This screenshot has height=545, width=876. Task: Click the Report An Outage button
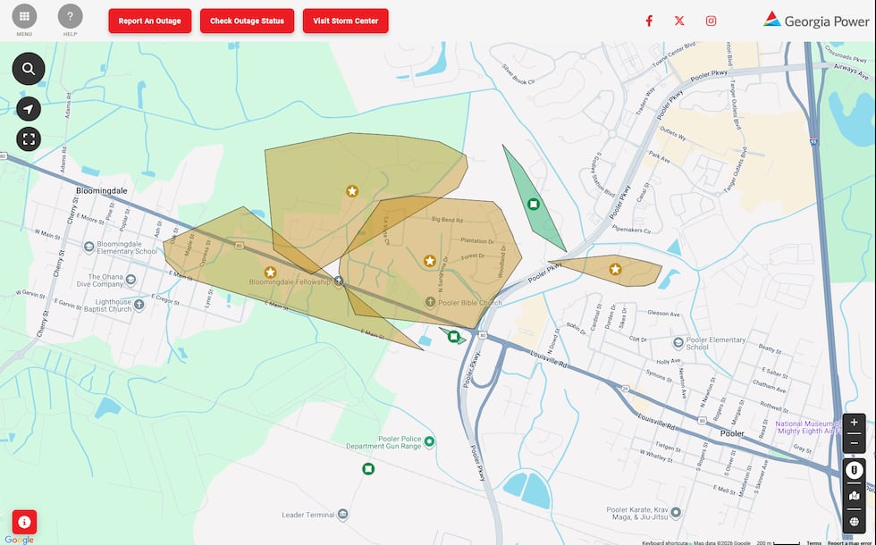point(149,21)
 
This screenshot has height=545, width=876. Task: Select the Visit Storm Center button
point(345,21)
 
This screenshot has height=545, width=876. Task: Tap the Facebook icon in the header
point(649,21)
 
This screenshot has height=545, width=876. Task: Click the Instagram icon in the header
point(711,21)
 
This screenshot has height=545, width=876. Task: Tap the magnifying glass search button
point(29,69)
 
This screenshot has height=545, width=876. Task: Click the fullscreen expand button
point(29,138)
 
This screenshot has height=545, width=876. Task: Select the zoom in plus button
point(854,423)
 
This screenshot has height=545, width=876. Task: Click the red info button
point(24,522)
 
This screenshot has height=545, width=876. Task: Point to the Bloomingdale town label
point(104,191)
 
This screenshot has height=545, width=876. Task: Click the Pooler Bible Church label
point(469,303)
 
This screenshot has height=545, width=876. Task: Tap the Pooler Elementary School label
point(715,342)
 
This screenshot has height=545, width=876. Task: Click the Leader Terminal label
point(307,516)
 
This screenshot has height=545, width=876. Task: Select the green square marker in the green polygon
point(534,205)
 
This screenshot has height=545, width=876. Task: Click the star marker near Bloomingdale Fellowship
point(270,272)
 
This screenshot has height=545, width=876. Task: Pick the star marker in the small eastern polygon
point(615,269)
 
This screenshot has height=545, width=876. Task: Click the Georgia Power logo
point(816,21)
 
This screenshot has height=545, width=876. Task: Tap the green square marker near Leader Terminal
point(368,469)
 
